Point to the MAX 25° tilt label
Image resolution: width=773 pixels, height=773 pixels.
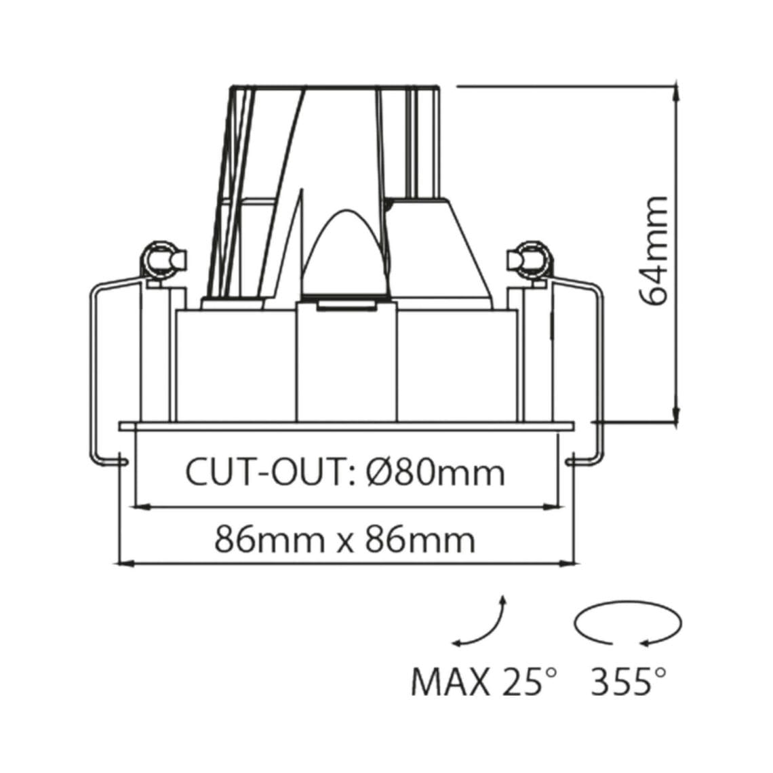485,681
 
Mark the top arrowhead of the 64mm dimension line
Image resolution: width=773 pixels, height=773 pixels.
675,94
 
